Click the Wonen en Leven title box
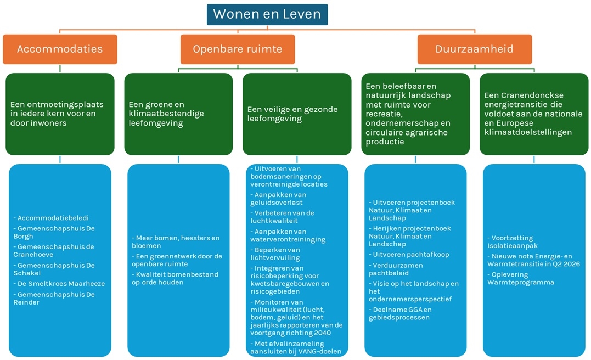point(267,14)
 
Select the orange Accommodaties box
point(60,49)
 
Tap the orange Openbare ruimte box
point(237,49)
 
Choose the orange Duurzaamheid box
point(474,49)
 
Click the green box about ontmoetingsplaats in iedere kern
point(60,114)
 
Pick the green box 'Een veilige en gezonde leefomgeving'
point(297,114)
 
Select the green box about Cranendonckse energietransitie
point(534,114)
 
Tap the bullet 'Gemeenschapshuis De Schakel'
point(55,269)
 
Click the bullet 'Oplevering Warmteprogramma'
point(521,278)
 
